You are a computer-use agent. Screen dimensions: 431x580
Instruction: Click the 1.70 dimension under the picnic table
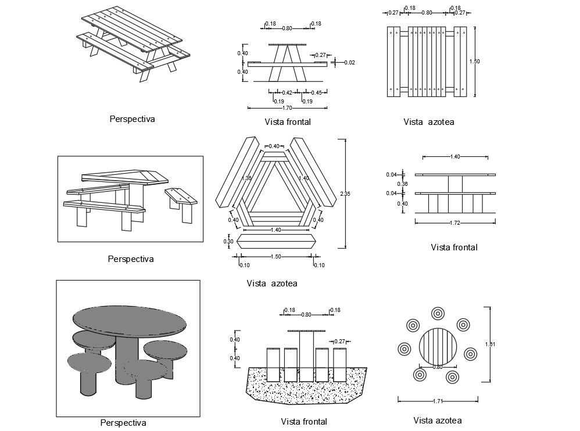tap(287, 107)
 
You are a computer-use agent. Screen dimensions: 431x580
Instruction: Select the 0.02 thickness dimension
tap(349, 62)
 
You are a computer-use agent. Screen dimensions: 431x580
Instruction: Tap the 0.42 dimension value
tap(287, 92)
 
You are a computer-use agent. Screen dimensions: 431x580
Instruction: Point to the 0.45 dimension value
tap(316, 92)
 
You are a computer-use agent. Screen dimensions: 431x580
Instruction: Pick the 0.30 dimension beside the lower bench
tap(228, 242)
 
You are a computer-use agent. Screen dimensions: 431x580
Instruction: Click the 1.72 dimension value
tap(455, 222)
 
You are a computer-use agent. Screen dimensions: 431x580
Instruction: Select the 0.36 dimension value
tap(402, 184)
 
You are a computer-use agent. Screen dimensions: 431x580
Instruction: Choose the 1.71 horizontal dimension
tap(438, 401)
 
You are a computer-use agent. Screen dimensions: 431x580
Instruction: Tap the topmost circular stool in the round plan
tap(438, 314)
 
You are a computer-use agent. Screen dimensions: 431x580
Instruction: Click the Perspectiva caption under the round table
tap(123, 423)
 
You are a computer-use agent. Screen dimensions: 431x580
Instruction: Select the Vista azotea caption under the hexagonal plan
tap(271, 283)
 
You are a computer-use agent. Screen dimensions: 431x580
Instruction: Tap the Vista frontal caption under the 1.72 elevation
tap(454, 247)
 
